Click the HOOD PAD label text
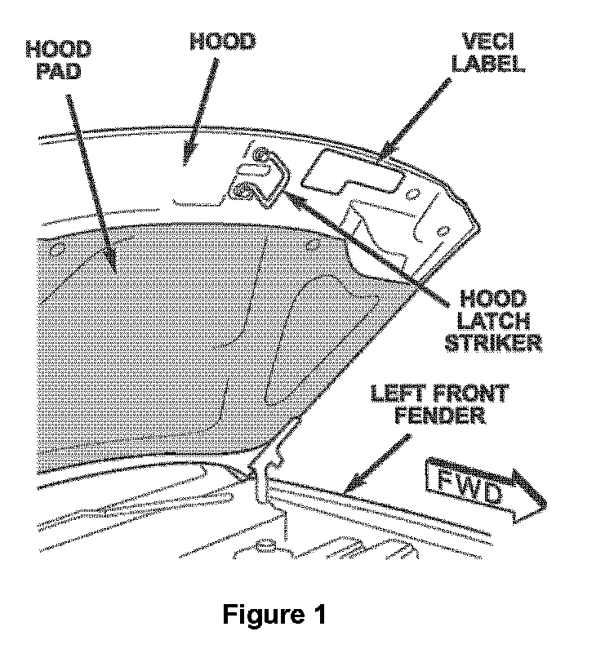point(59,60)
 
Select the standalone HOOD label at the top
point(222,42)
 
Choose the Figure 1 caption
point(274,614)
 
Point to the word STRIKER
point(492,341)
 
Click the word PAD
point(59,72)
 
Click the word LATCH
point(492,320)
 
